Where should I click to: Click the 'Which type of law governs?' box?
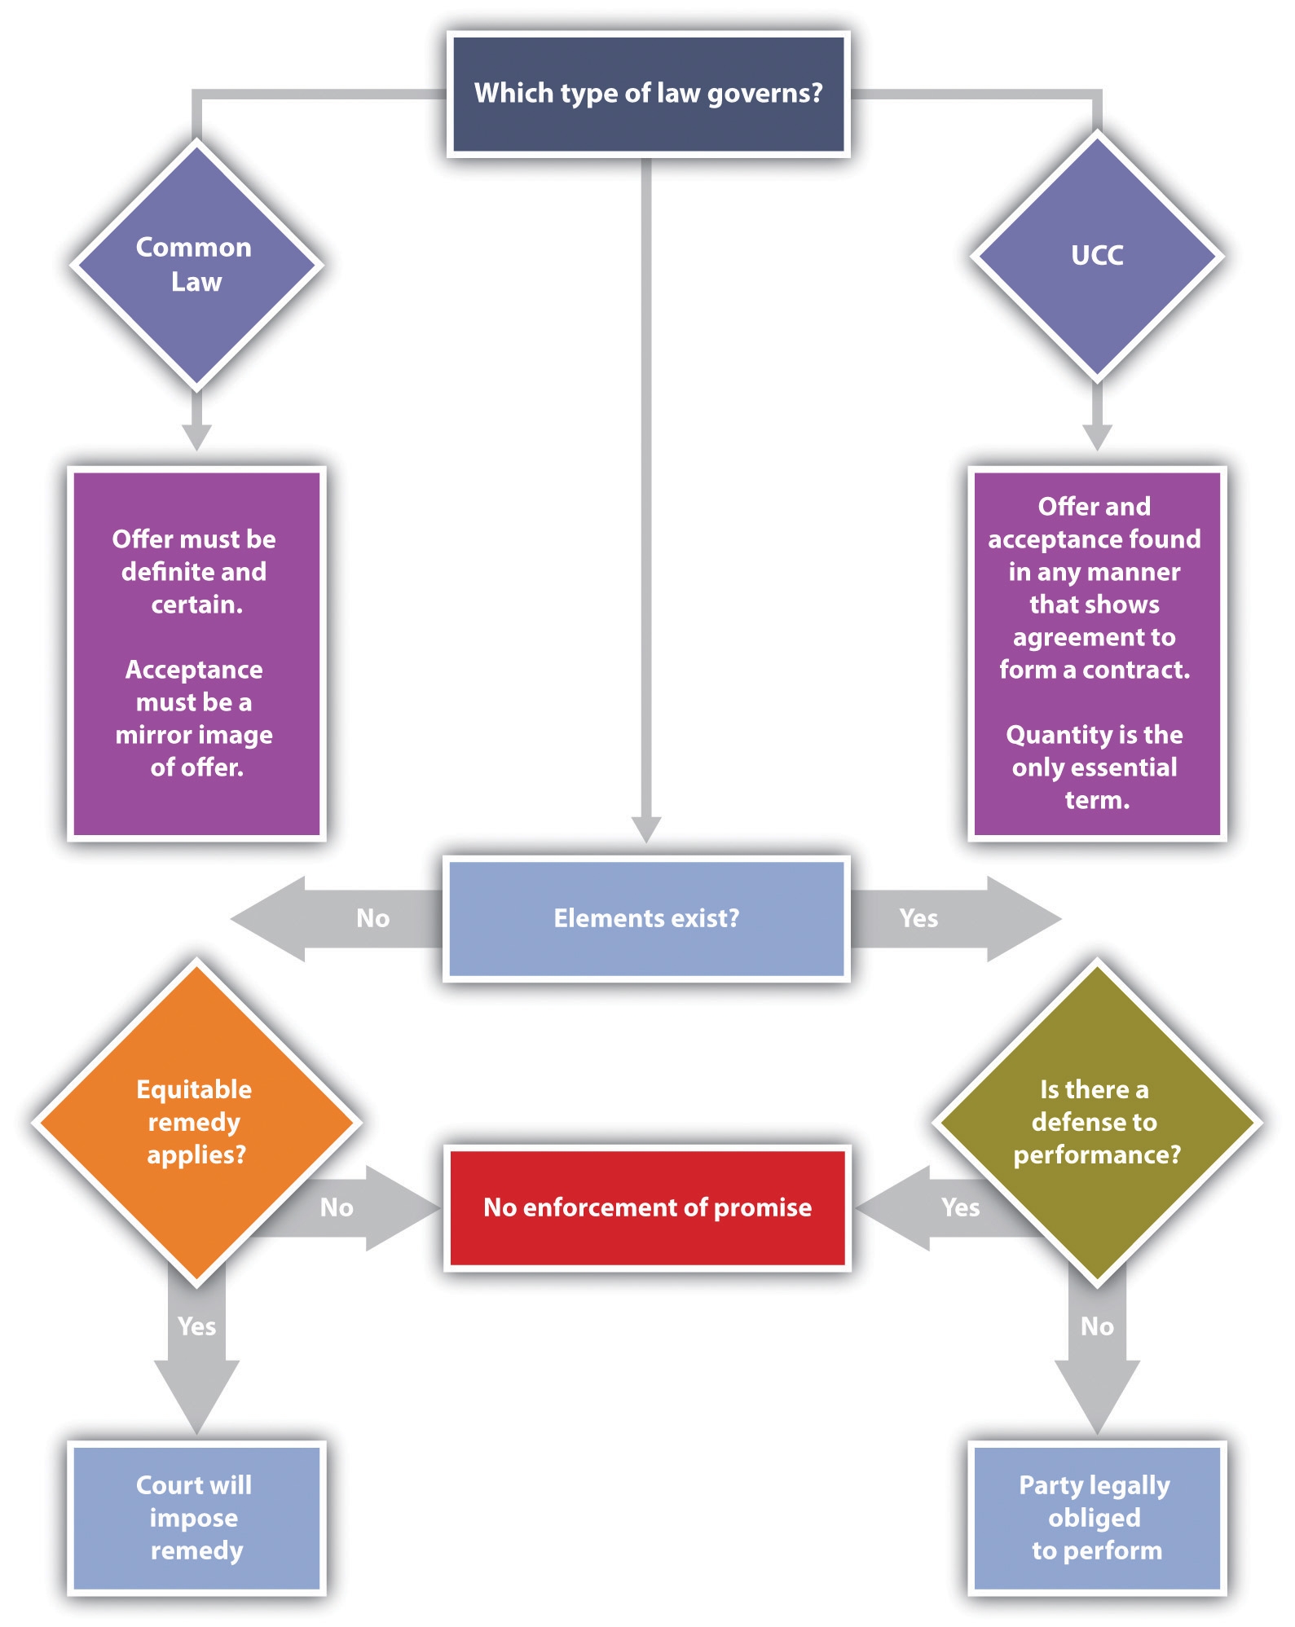point(648,94)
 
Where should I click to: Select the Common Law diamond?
point(196,265)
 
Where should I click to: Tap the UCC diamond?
point(1097,256)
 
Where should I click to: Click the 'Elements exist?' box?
point(646,918)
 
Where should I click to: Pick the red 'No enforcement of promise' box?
point(647,1207)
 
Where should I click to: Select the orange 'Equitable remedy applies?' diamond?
point(196,1122)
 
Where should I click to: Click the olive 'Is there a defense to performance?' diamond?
point(1096,1122)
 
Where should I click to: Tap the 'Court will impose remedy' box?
point(196,1517)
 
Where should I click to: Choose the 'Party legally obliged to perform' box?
point(1096,1517)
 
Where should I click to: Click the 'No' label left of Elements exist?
point(372,918)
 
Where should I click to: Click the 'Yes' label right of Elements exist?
point(918,918)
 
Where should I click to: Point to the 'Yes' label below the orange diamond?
point(196,1326)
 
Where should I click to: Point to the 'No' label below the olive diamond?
point(1097,1326)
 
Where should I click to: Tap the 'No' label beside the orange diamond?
point(337,1207)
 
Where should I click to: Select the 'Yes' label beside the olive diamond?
point(960,1207)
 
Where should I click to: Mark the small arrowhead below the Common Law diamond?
point(196,437)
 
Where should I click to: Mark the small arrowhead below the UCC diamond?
point(1097,437)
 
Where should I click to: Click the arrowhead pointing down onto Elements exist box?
point(646,829)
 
